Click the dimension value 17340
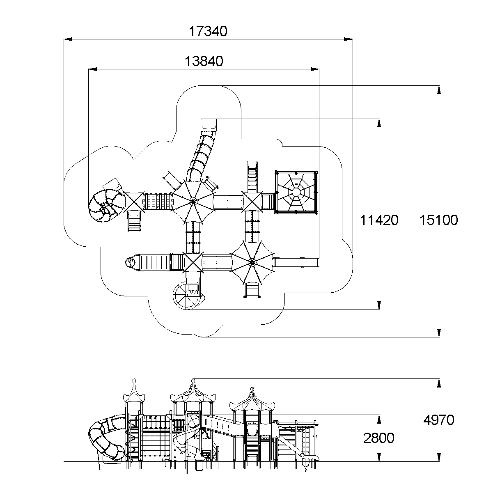tap(208, 32)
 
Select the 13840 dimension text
tap(204, 62)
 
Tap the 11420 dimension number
tap(379, 220)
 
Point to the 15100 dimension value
tap(438, 220)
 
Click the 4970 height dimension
tap(439, 420)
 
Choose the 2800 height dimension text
tap(378, 438)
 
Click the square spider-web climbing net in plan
tap(296, 192)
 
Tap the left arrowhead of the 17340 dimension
tap(68, 39)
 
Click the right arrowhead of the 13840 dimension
tap(315, 69)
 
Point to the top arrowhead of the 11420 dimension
tap(379, 123)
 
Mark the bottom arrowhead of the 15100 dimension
tap(439, 332)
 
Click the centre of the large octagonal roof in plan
tap(193, 202)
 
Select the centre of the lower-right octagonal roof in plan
tap(252, 262)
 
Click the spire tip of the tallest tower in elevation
tap(193, 379)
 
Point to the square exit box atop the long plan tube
tap(209, 125)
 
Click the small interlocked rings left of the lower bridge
tap(131, 262)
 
